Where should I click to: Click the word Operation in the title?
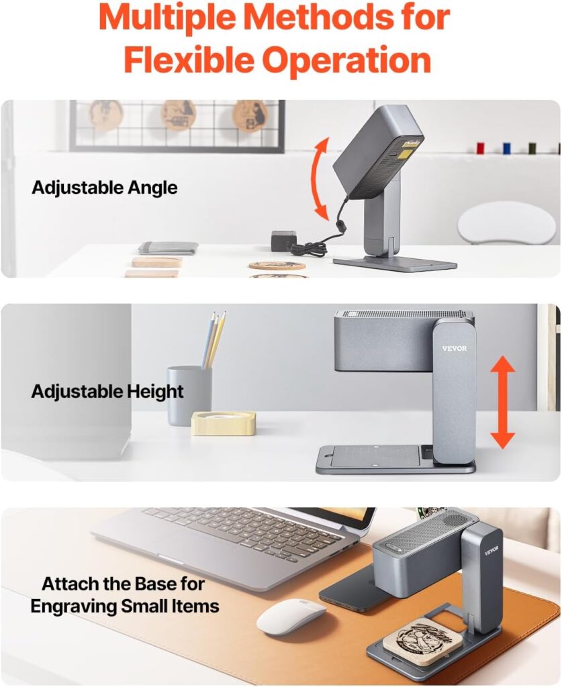point(346,60)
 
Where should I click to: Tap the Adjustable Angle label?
point(105,188)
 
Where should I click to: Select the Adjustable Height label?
point(107,391)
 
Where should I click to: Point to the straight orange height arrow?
point(502,402)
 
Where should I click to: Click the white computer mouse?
point(291,617)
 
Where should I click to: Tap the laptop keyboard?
point(242,531)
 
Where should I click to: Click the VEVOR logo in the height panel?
point(454,348)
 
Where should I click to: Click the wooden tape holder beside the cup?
point(223,423)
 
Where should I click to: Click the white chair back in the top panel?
point(507,222)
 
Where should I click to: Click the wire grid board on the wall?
point(177,125)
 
